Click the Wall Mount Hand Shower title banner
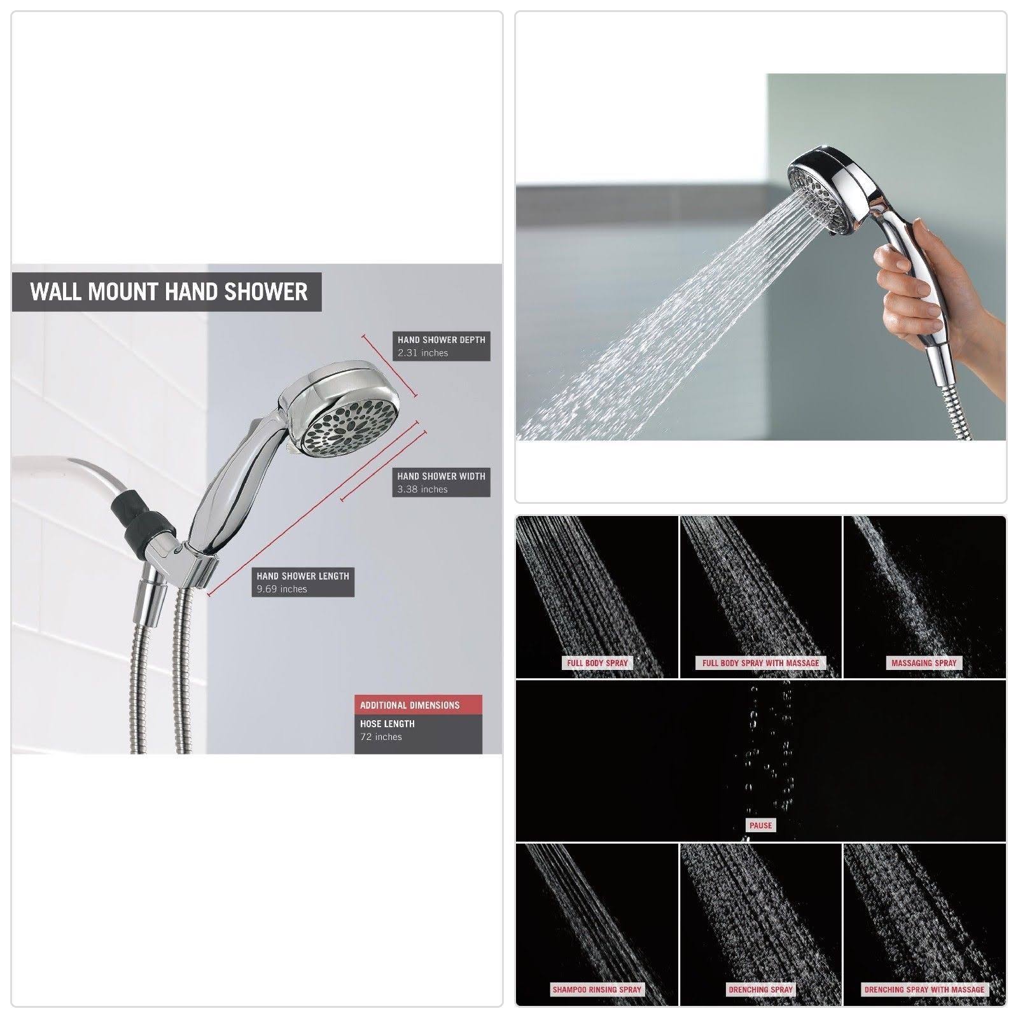(167, 292)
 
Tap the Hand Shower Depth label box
(441, 346)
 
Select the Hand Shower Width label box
(441, 482)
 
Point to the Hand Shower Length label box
(303, 582)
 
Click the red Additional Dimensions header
(418, 705)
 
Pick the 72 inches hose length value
(381, 737)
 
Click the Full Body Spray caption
(597, 663)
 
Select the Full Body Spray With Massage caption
(760, 663)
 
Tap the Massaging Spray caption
(924, 663)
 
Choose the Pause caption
(760, 825)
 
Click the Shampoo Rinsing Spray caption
(597, 989)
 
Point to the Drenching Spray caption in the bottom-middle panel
(760, 989)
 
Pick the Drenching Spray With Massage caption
(924, 989)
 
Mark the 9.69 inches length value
(282, 589)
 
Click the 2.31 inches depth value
(423, 353)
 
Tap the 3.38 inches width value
(422, 489)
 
